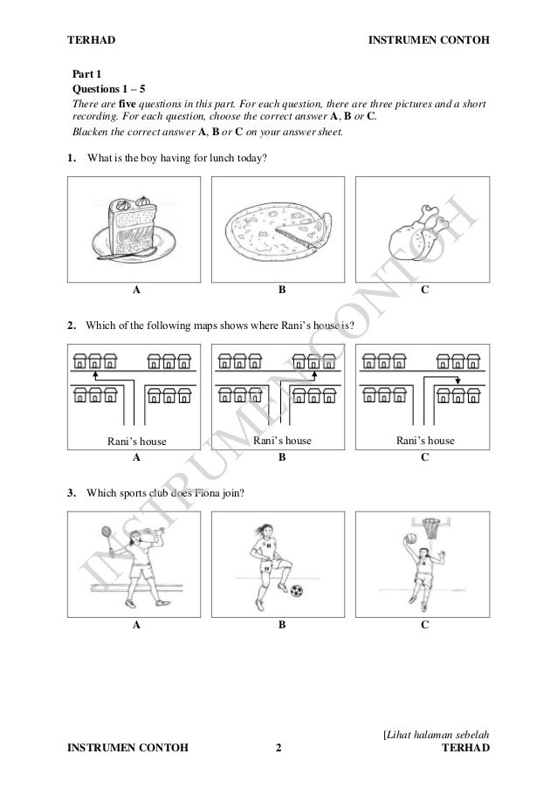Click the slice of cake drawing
[134, 228]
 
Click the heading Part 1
[86, 75]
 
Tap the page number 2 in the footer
[278, 747]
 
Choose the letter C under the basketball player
[423, 625]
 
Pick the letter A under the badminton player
[136, 625]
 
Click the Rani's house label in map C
[425, 441]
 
